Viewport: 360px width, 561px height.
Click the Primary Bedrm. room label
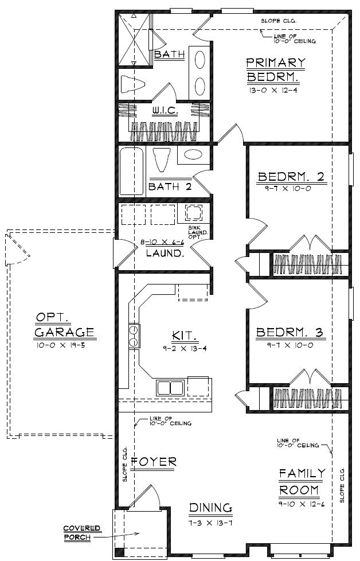[x=276, y=70]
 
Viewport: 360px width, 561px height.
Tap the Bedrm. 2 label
[x=291, y=177]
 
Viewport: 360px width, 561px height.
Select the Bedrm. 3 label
[x=289, y=333]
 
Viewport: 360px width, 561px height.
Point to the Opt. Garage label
[x=64, y=325]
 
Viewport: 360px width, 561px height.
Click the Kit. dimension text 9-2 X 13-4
[x=185, y=348]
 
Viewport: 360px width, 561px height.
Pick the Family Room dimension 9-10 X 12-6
[x=302, y=504]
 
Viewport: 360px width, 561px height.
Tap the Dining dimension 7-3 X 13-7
[x=211, y=523]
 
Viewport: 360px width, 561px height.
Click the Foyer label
[x=154, y=462]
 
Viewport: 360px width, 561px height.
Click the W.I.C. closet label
[x=165, y=111]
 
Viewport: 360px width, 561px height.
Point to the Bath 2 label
[x=170, y=186]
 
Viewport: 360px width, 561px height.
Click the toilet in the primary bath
[x=132, y=85]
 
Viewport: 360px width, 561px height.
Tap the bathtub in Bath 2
[x=131, y=171]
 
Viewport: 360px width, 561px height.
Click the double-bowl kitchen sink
[x=170, y=387]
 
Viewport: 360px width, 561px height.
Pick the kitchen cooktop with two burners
[x=134, y=336]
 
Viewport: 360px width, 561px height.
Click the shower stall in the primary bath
[x=134, y=40]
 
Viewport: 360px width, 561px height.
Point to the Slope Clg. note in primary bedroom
[x=279, y=21]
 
